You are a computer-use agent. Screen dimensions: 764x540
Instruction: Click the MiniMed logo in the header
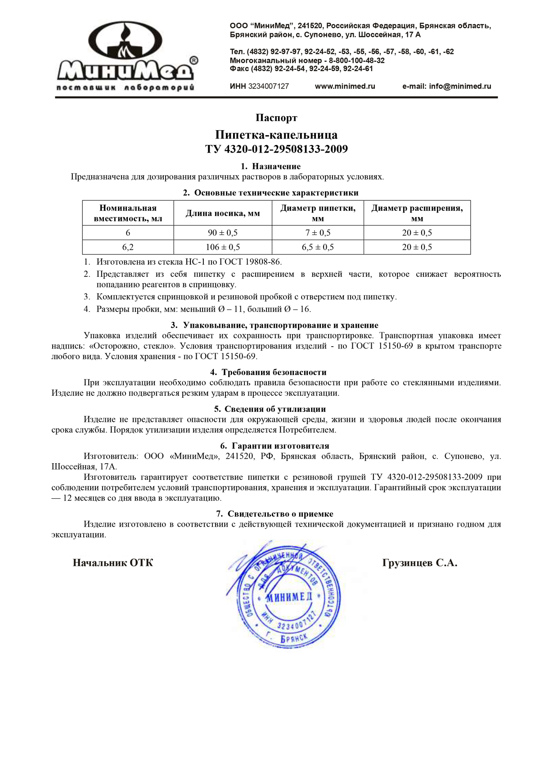pos(126,56)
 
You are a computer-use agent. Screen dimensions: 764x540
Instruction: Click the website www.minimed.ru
pos(345,86)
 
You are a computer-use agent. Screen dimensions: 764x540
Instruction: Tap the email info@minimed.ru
pos(446,86)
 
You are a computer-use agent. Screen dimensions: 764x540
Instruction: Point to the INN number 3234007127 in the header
pos(268,86)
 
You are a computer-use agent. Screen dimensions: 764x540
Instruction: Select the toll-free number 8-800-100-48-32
pos(356,60)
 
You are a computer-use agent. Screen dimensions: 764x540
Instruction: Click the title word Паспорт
pos(276,118)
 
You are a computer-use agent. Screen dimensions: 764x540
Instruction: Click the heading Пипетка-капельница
pos(276,135)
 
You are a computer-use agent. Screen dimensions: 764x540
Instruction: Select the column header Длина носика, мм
pos(223,213)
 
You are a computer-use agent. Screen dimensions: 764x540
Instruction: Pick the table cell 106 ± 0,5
pos(223,247)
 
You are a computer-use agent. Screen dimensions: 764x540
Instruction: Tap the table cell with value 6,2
pos(128,247)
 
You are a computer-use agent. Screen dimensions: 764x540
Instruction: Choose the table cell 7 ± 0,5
pos(318,233)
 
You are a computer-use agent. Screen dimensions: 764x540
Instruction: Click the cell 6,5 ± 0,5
pos(318,247)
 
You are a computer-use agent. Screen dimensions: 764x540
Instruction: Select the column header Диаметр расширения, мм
pos(417,213)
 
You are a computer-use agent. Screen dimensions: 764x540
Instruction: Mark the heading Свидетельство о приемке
pos(280,514)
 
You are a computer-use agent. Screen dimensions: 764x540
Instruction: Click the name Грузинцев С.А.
pos(419,563)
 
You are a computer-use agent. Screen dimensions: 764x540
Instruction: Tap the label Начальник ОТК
pos(113,563)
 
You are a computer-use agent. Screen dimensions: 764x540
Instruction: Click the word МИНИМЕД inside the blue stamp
pos(288,597)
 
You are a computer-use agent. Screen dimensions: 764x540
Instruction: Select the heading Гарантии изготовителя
pos(280,446)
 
